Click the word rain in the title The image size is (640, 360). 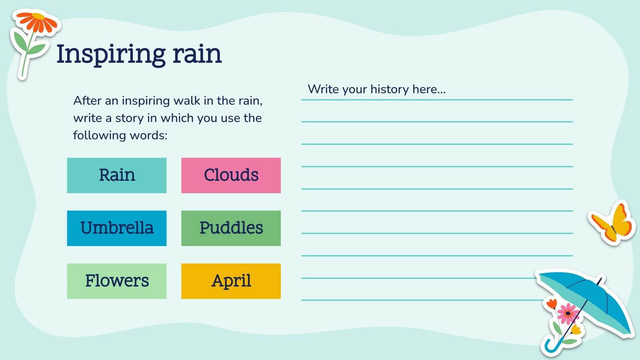tap(197, 54)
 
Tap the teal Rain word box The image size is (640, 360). tap(117, 175)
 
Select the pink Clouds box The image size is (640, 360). tap(231, 175)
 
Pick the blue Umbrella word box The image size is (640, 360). tap(117, 228)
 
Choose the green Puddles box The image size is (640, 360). tap(231, 228)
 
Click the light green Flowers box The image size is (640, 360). tap(117, 281)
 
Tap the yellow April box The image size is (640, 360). tap(231, 281)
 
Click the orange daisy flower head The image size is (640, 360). tap(38, 22)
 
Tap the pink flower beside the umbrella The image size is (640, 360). tap(568, 314)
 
